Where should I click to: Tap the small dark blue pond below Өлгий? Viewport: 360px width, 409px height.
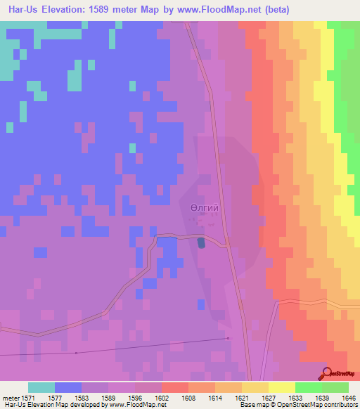202,242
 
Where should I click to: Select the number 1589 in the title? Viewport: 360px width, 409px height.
104,9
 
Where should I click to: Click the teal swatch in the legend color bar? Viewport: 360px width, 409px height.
41,387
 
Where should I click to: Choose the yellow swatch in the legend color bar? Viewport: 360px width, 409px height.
281,387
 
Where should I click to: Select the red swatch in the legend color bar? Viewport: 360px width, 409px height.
174,387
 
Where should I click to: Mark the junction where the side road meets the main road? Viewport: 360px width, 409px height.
227,245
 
